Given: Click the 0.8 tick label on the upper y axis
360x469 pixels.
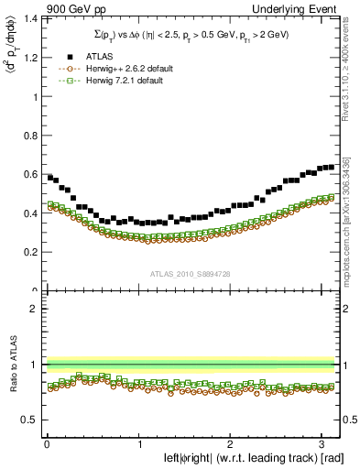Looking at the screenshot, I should (x=29, y=136).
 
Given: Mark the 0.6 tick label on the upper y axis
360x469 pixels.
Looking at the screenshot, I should (x=29, y=174).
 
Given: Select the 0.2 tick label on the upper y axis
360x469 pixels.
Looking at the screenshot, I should (x=29, y=252).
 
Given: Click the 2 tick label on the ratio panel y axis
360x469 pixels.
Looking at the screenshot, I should (x=33, y=309).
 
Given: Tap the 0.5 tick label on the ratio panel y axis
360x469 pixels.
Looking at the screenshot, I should (x=29, y=420).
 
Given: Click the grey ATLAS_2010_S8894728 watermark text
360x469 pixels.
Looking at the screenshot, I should (x=191, y=273).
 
